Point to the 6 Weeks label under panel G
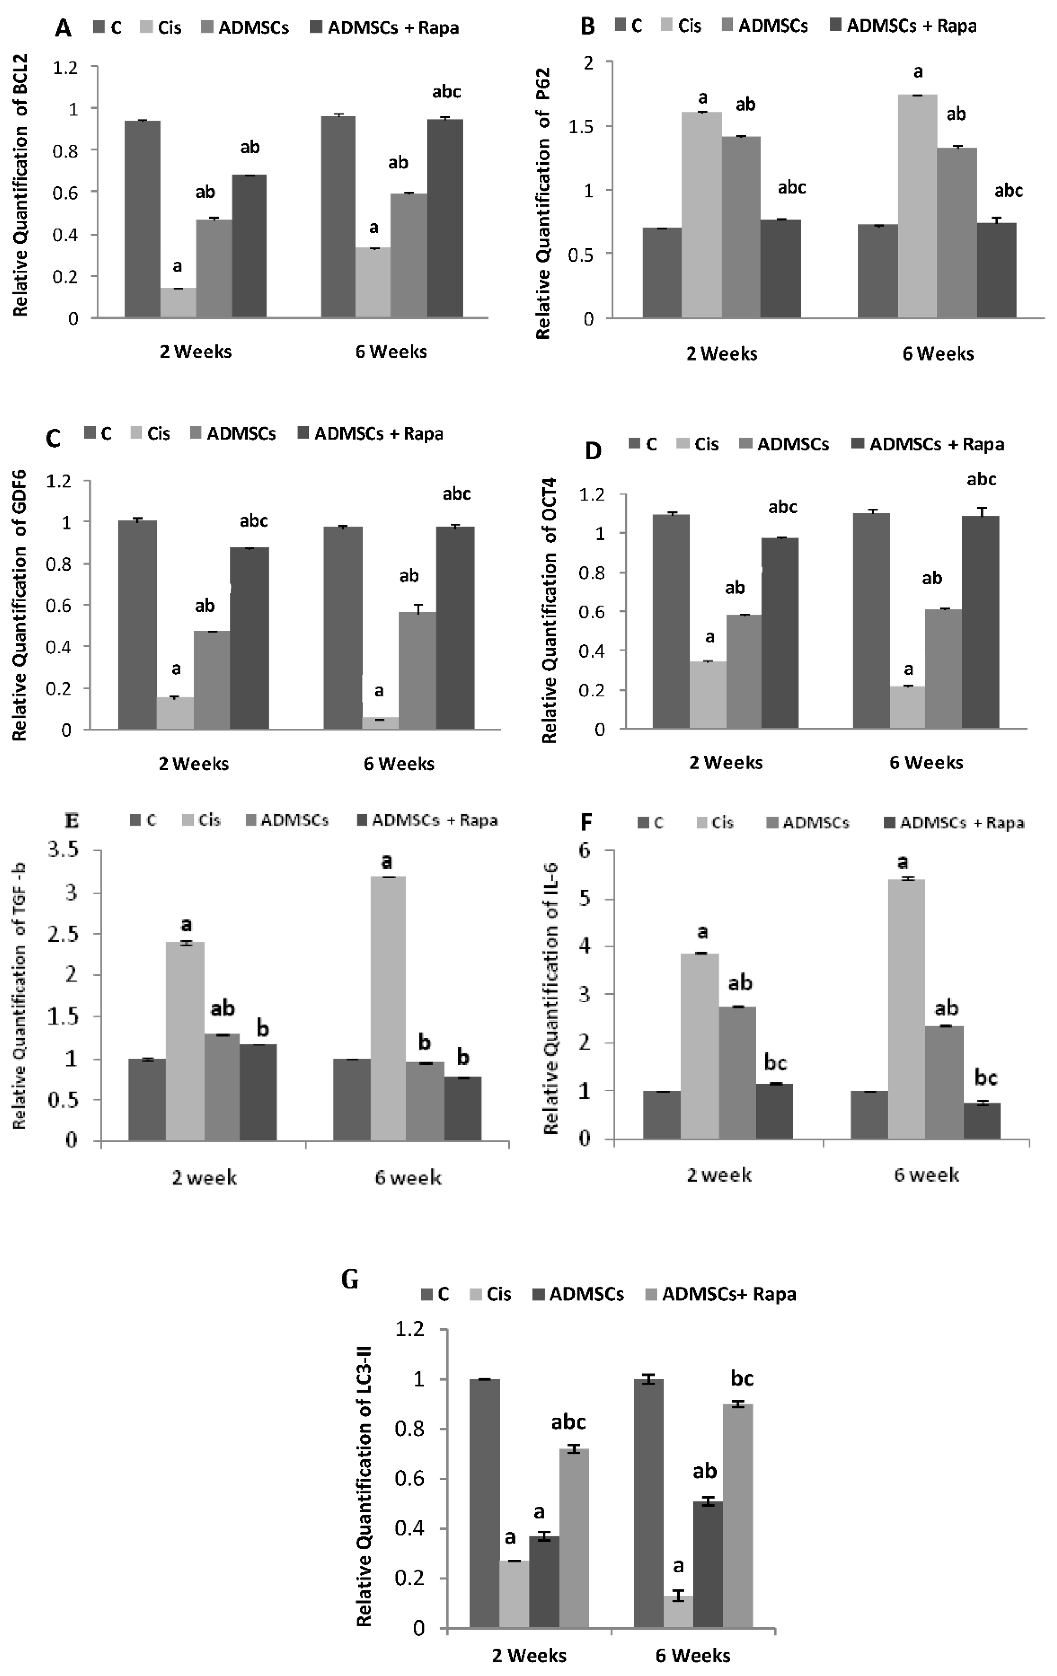pos(693,1655)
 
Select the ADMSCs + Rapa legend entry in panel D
pos(928,444)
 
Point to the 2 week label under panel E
pos(204,1178)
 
